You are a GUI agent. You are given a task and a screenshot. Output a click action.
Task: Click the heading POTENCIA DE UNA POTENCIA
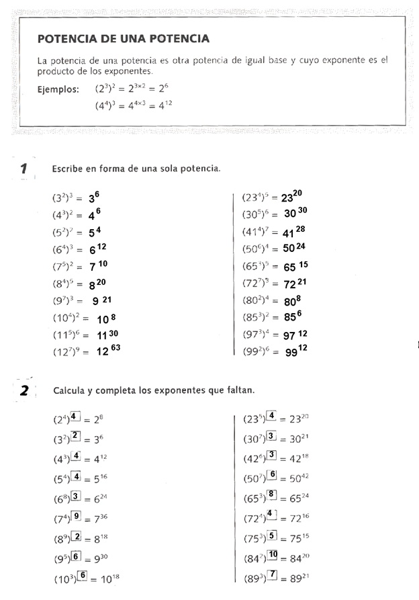click(x=124, y=39)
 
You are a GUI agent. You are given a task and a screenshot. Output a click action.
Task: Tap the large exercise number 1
click(x=24, y=168)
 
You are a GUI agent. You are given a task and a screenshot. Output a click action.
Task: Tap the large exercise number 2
click(x=24, y=390)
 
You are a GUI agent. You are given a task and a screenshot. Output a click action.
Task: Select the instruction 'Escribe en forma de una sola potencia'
click(x=136, y=168)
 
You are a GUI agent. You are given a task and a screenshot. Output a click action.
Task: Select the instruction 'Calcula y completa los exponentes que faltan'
click(x=154, y=390)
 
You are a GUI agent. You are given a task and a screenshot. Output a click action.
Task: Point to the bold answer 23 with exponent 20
click(x=291, y=197)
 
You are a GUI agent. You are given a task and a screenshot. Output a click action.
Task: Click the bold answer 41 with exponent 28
click(x=293, y=232)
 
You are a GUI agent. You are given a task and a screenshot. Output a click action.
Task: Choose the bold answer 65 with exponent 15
click(x=295, y=265)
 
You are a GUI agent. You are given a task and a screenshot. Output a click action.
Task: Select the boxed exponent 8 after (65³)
click(x=272, y=495)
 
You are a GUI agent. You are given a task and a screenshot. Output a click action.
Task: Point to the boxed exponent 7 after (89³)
click(x=273, y=574)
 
